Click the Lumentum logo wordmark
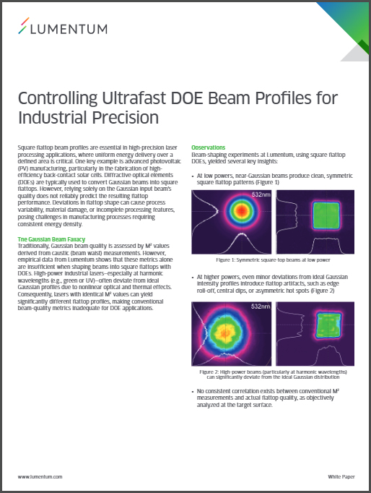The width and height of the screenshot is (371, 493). [x=69, y=29]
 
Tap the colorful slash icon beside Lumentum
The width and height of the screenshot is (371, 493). [x=24, y=25]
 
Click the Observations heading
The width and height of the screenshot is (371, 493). [x=208, y=147]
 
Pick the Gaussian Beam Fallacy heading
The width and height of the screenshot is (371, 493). [x=51, y=239]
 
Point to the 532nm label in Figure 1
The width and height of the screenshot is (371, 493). [x=261, y=194]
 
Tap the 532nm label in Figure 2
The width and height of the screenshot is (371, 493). [x=261, y=306]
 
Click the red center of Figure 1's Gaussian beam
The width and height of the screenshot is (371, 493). [x=242, y=210]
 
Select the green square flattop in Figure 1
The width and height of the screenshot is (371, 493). [x=326, y=215]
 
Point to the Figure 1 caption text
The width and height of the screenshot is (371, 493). [x=273, y=260]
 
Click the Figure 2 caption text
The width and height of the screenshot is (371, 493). [x=273, y=374]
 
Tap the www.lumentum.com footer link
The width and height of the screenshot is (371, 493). [x=40, y=476]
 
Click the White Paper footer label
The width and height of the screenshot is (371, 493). [x=341, y=476]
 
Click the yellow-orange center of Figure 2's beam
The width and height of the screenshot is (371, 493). [x=225, y=332]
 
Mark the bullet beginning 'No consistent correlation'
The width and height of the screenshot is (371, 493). [x=268, y=398]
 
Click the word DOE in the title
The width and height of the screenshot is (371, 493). [x=186, y=98]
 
